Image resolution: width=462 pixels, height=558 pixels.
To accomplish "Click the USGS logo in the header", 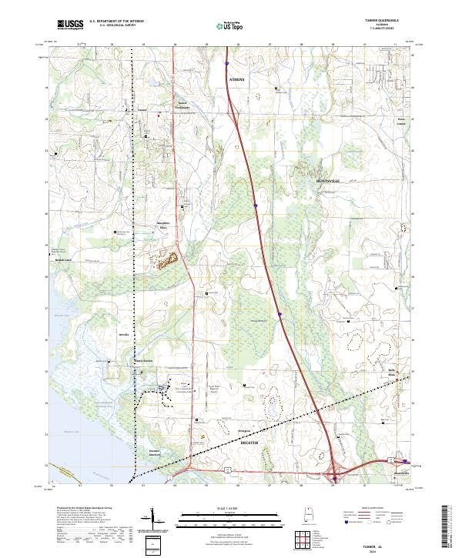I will coord(71,25).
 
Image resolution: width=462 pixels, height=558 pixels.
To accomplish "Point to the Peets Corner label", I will coord(400,122).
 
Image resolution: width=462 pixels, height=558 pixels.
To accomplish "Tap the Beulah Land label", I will coord(63,260).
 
